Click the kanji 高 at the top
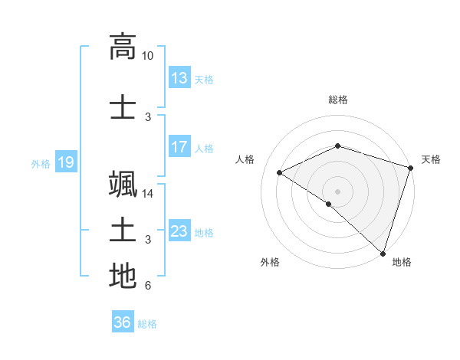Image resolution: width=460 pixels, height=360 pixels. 123,47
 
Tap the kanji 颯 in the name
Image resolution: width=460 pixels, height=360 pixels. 123,185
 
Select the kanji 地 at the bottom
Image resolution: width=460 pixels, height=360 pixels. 123,276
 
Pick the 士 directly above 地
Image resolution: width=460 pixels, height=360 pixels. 123,230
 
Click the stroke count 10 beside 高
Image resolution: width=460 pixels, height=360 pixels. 148,56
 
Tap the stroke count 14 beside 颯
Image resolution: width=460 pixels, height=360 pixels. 148,194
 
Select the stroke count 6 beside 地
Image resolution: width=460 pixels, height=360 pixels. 148,286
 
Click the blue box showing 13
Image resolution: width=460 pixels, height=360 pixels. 179,78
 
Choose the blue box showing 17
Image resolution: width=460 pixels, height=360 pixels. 179,147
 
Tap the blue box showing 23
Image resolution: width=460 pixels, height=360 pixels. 179,231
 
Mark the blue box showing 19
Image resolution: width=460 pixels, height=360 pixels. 65,162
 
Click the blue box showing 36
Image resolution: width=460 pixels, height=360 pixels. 122,322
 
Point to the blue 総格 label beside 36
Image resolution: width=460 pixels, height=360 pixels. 147,324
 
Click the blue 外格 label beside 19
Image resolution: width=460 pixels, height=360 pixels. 41,163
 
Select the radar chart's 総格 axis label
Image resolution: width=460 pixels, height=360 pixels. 337,100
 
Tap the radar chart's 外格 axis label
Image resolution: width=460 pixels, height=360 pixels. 270,262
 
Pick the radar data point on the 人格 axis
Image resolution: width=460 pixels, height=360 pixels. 280,173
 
